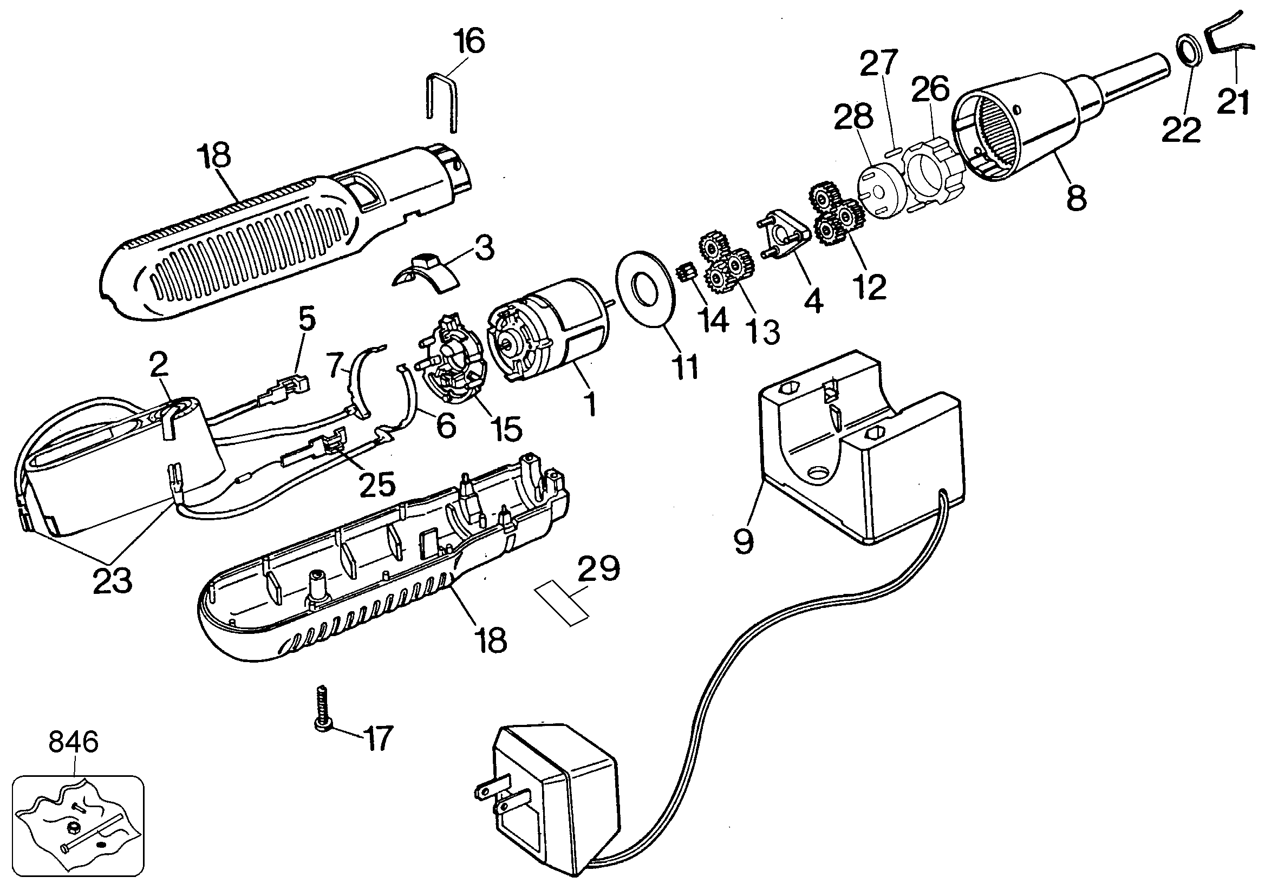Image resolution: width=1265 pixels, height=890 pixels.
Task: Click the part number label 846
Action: point(73,742)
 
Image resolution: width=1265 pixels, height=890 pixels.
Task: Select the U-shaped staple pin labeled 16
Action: point(441,103)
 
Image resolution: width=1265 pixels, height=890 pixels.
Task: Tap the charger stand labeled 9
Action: point(859,446)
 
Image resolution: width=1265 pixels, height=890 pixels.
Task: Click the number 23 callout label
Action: point(113,581)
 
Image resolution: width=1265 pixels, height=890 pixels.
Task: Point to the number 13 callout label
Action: point(764,331)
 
